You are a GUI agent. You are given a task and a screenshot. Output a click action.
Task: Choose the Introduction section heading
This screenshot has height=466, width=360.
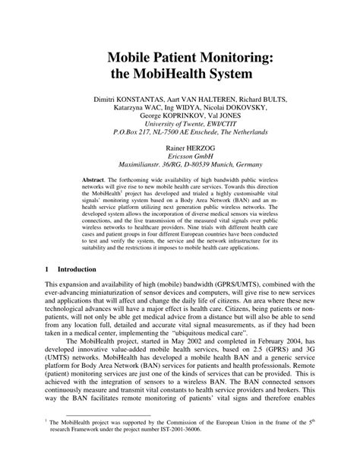click(x=76, y=269)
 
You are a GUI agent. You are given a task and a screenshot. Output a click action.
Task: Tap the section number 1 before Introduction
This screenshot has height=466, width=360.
click(x=47, y=269)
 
